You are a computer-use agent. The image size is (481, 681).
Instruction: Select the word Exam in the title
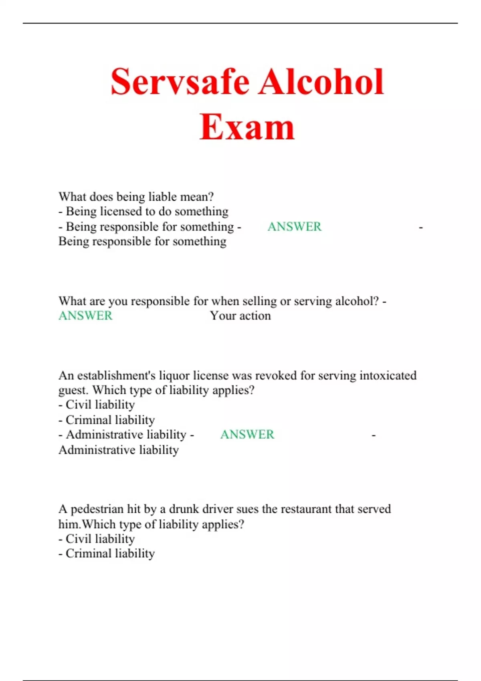click(247, 127)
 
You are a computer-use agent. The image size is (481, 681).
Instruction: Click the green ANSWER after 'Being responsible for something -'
click(295, 227)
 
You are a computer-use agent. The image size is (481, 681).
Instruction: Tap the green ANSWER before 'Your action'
click(85, 316)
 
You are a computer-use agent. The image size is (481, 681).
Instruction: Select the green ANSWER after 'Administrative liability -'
click(247, 435)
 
